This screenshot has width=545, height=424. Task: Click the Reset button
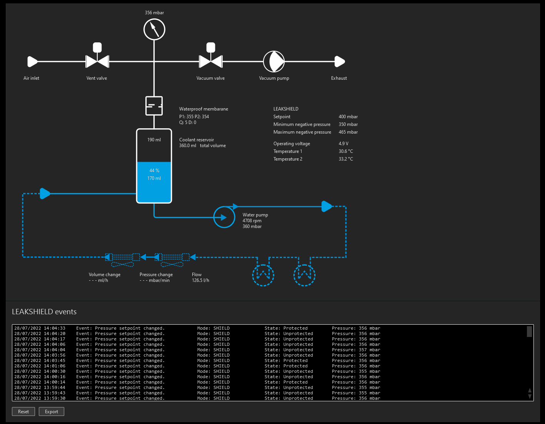pos(23,411)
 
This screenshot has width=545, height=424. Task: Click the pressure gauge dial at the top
pos(154,29)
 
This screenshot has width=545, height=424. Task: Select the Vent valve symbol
pos(97,61)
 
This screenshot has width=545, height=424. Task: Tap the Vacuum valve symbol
pos(211,61)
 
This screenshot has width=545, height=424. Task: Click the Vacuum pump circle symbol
pos(274,61)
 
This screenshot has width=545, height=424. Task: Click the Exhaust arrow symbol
pos(339,61)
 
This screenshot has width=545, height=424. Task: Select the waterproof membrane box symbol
pos(154,106)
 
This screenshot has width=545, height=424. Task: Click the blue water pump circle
pos(224,217)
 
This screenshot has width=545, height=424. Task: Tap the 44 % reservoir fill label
pos(154,171)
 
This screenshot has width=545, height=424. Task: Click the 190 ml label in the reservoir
pos(154,140)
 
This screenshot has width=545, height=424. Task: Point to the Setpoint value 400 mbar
pos(348,117)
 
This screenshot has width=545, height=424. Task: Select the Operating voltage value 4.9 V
pos(343,144)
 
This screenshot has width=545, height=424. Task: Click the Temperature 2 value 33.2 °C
pos(346,159)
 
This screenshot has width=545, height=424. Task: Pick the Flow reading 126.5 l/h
pos(200,280)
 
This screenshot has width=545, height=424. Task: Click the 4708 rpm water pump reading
pos(252,221)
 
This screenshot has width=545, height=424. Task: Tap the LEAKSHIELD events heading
pos(44,312)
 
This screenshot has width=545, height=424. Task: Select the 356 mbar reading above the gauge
pos(154,13)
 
